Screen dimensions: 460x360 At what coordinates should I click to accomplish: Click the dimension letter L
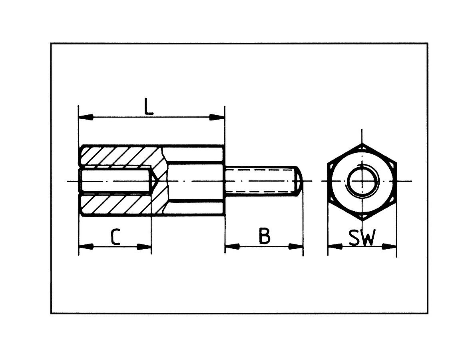149,106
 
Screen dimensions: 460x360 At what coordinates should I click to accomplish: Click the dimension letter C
115,237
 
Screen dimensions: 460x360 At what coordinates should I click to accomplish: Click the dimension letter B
265,236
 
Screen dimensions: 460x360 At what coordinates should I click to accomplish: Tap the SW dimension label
362,238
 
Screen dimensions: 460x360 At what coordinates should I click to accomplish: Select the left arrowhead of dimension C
86,247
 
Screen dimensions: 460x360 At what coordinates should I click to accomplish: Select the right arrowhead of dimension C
144,247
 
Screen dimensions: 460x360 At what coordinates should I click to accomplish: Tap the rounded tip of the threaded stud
299,181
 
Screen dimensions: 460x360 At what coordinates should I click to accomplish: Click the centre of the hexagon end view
362,181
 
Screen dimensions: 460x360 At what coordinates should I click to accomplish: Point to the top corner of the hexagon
362,144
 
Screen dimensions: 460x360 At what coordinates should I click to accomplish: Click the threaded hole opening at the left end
81,181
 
